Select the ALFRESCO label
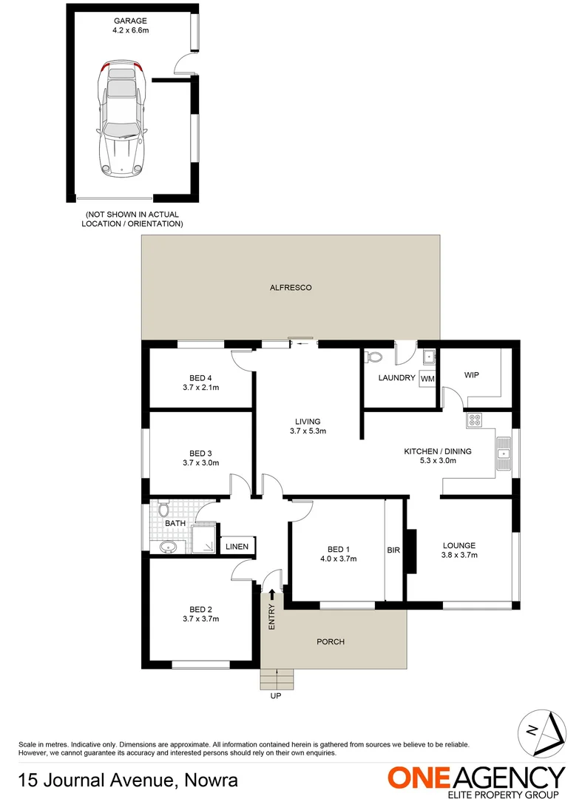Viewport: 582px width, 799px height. [x=290, y=287]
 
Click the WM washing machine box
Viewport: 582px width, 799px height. [x=427, y=378]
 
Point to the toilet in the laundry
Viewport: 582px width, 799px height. [x=375, y=358]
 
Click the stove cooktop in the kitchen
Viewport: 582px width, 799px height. [x=474, y=420]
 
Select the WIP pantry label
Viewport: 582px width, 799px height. [x=472, y=375]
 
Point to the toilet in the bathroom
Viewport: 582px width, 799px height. [x=164, y=510]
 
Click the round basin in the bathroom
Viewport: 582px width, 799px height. [x=167, y=547]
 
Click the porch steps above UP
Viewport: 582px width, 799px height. [x=277, y=678]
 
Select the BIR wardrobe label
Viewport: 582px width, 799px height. [x=393, y=550]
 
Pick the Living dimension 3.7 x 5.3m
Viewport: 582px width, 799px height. [x=307, y=431]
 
